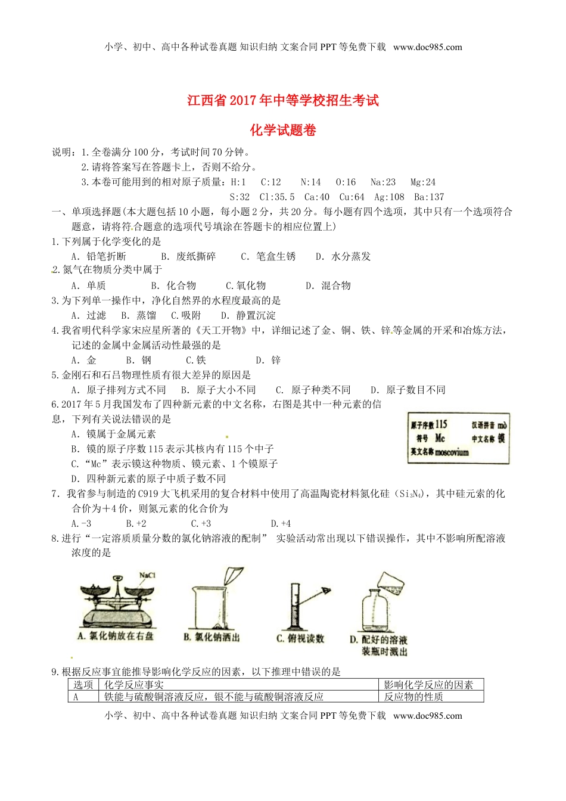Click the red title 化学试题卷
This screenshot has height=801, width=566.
[283, 131]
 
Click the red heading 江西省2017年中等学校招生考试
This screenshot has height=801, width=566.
[283, 100]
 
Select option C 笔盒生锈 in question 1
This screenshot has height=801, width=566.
[269, 256]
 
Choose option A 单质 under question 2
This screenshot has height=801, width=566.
[89, 285]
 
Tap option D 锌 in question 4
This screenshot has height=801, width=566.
[269, 360]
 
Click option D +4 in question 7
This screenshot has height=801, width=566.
[281, 523]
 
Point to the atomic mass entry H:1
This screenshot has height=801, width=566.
[238, 182]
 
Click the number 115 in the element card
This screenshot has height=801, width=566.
[441, 424]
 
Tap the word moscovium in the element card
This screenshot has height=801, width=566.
[452, 452]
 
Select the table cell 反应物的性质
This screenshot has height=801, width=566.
[413, 697]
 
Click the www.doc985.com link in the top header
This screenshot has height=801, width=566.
[428, 47]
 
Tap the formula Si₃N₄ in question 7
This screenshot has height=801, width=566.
[411, 494]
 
